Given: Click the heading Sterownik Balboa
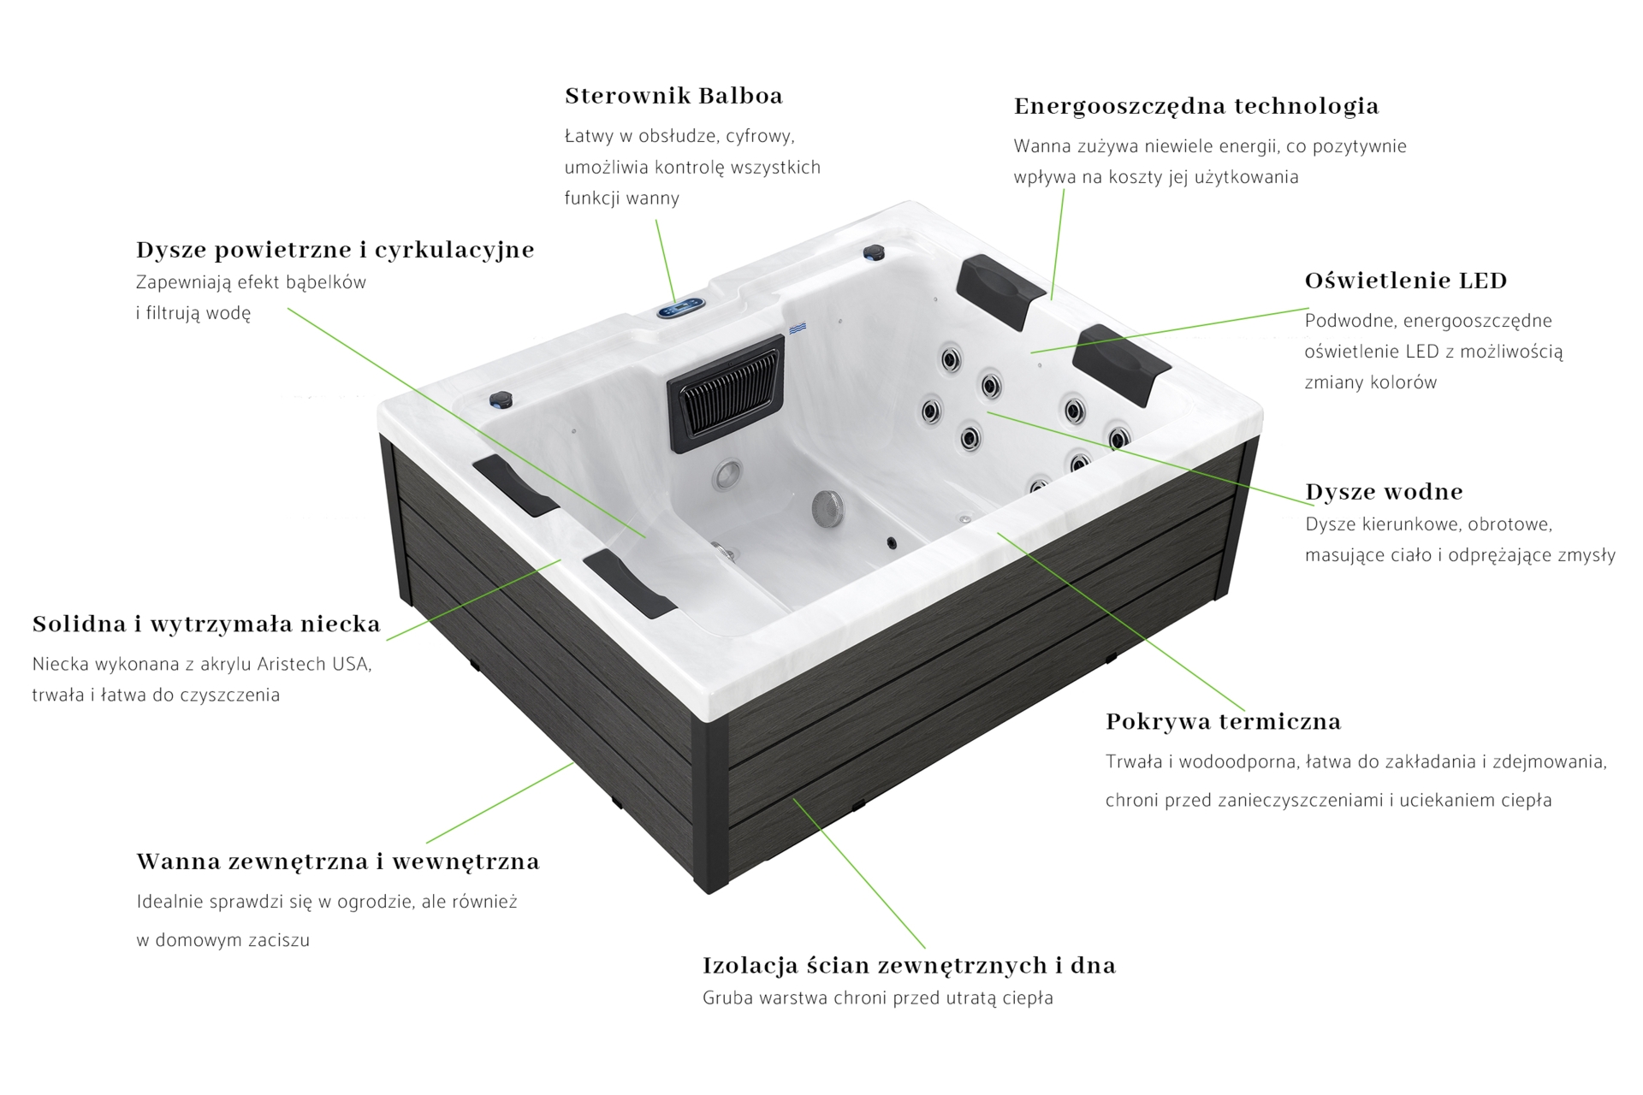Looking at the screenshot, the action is (x=673, y=96).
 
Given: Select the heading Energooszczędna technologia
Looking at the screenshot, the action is (x=1196, y=107).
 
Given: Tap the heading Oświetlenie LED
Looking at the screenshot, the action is (x=1406, y=281).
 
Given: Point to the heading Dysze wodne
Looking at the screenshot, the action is (x=1384, y=492).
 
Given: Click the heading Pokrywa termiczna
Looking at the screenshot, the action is (x=1223, y=722).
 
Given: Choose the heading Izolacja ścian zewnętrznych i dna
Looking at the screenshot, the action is (x=909, y=966).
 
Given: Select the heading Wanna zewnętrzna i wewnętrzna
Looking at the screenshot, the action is (x=338, y=861).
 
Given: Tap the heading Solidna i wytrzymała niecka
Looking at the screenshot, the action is (x=206, y=624).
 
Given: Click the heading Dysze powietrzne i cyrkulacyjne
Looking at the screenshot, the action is (x=335, y=250).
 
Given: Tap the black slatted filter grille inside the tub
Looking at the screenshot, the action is (x=727, y=393).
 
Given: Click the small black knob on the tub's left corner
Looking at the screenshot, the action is (x=501, y=400).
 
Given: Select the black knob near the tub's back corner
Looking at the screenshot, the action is (x=874, y=252).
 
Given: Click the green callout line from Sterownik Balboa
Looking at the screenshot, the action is (x=666, y=261).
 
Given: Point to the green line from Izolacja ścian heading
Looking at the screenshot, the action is (x=859, y=873).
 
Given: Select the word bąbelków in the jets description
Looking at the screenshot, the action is (x=328, y=283).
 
